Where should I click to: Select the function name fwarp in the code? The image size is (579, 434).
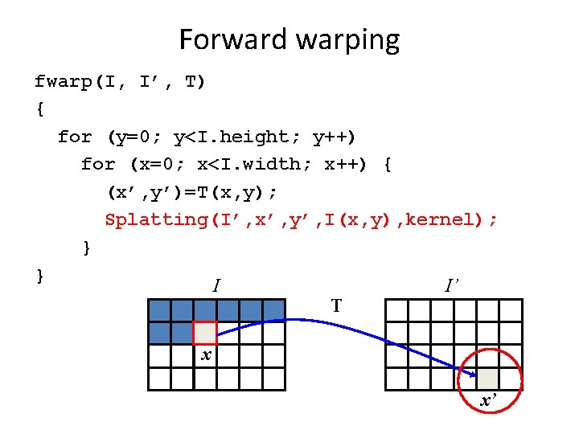click(x=64, y=81)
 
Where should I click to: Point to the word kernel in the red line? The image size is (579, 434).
click(x=446, y=219)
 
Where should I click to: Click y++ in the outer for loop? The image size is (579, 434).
click(x=332, y=137)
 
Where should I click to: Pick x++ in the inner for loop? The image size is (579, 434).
click(x=343, y=164)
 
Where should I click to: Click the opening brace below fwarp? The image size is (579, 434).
click(x=40, y=109)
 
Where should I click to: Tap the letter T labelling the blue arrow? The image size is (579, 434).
click(x=336, y=305)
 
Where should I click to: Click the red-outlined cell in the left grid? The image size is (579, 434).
click(x=205, y=334)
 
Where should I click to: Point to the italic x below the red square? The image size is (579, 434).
click(x=206, y=355)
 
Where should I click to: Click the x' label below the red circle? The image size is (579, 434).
click(x=487, y=401)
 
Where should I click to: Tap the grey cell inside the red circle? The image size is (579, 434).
click(x=488, y=378)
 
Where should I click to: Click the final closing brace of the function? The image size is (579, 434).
click(x=40, y=275)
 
